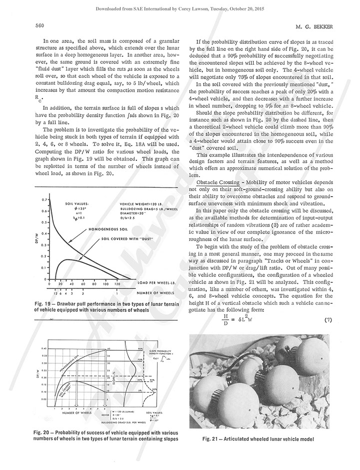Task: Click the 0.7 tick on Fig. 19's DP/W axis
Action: click(x=44, y=199)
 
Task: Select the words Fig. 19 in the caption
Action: click(x=43, y=303)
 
